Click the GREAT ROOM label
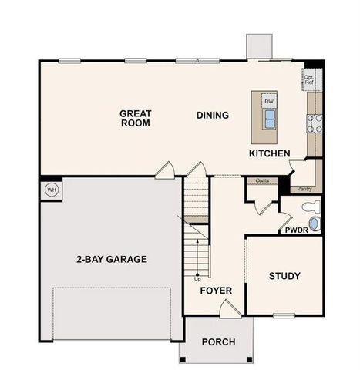coord(135,118)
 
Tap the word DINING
coord(212,116)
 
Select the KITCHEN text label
coord(269,154)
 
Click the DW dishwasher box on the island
coord(268,101)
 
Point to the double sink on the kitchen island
coord(270,118)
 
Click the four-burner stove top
coord(315,123)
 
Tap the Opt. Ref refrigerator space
coord(309,78)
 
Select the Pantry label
coord(304,188)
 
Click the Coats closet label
coord(261,182)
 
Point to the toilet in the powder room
coord(310,206)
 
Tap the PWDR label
coord(296,230)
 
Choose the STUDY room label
coord(284,276)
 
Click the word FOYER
coord(216,291)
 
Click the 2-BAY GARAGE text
coord(111,259)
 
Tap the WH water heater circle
coord(52,190)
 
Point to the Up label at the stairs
coord(197,278)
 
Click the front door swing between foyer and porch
coord(229,309)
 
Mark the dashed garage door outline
coord(111,312)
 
